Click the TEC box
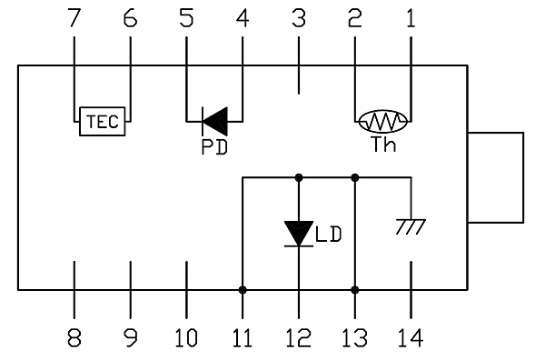point(102,122)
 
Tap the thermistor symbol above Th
point(382,120)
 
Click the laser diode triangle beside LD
point(299,233)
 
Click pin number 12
point(298,338)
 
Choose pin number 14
point(411,338)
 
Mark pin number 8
point(74,338)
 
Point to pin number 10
point(185,338)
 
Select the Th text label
point(384,145)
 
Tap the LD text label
point(329,235)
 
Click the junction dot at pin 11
point(243,290)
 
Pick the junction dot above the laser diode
point(299,177)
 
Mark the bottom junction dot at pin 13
point(355,290)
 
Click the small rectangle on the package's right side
point(496,177)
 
